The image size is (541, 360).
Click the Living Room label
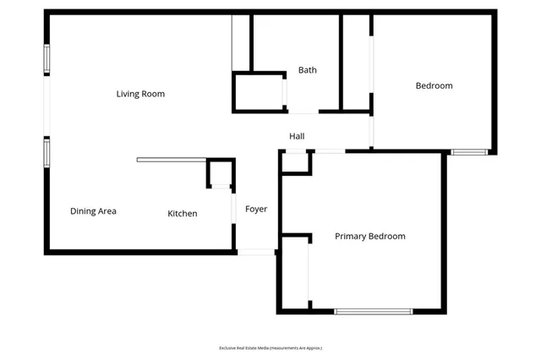click(140, 94)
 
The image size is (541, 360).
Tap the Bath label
click(308, 70)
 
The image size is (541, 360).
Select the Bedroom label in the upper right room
click(434, 85)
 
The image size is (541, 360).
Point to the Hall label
click(297, 136)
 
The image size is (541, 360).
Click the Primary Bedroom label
click(369, 237)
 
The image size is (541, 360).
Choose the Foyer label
click(256, 209)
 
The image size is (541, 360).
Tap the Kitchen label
click(182, 214)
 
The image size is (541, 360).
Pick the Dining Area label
click(93, 211)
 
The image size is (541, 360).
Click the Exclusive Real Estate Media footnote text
click(270, 347)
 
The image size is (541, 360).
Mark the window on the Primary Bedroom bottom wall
click(373, 312)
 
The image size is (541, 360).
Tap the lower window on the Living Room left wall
click(47, 152)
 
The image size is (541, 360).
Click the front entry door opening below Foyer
click(256, 252)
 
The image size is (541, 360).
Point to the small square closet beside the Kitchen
click(220, 172)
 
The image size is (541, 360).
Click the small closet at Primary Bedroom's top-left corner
click(296, 162)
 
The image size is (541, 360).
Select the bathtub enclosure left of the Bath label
click(259, 92)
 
